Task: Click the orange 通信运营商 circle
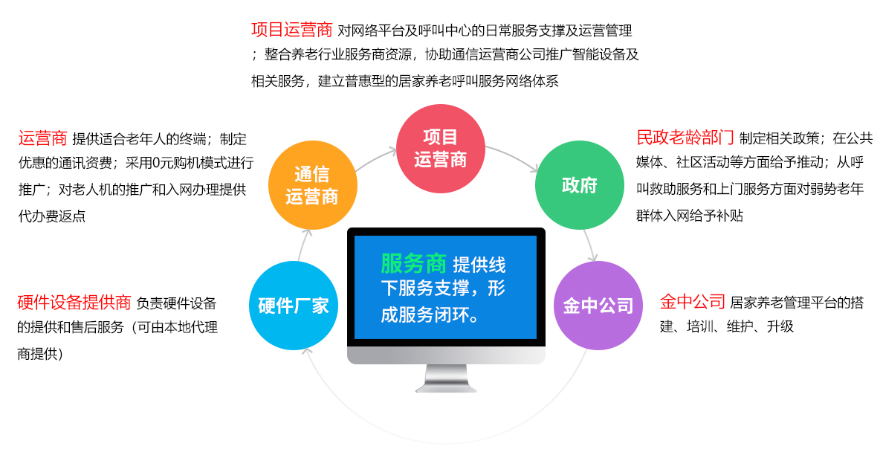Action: [x=313, y=185]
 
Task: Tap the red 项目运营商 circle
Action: [x=441, y=149]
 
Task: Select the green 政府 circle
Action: [x=580, y=185]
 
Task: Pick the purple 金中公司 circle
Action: [x=598, y=306]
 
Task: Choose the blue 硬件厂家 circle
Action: [x=294, y=306]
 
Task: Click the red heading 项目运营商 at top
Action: [x=292, y=29]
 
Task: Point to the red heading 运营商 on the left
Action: [x=42, y=138]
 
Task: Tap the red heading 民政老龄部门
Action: [x=685, y=138]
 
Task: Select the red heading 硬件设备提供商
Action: [x=74, y=303]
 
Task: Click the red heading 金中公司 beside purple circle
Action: [x=693, y=302]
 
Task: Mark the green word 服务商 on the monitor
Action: [x=414, y=263]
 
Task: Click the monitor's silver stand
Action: [x=446, y=378]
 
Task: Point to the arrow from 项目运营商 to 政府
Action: [x=514, y=157]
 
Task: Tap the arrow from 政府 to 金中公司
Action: [x=589, y=245]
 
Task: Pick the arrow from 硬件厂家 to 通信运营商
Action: [x=303, y=245]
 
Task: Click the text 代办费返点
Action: [x=51, y=216]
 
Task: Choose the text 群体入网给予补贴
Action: [x=690, y=216]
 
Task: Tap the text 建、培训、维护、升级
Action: [x=727, y=326]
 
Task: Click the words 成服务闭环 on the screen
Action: [x=424, y=315]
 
